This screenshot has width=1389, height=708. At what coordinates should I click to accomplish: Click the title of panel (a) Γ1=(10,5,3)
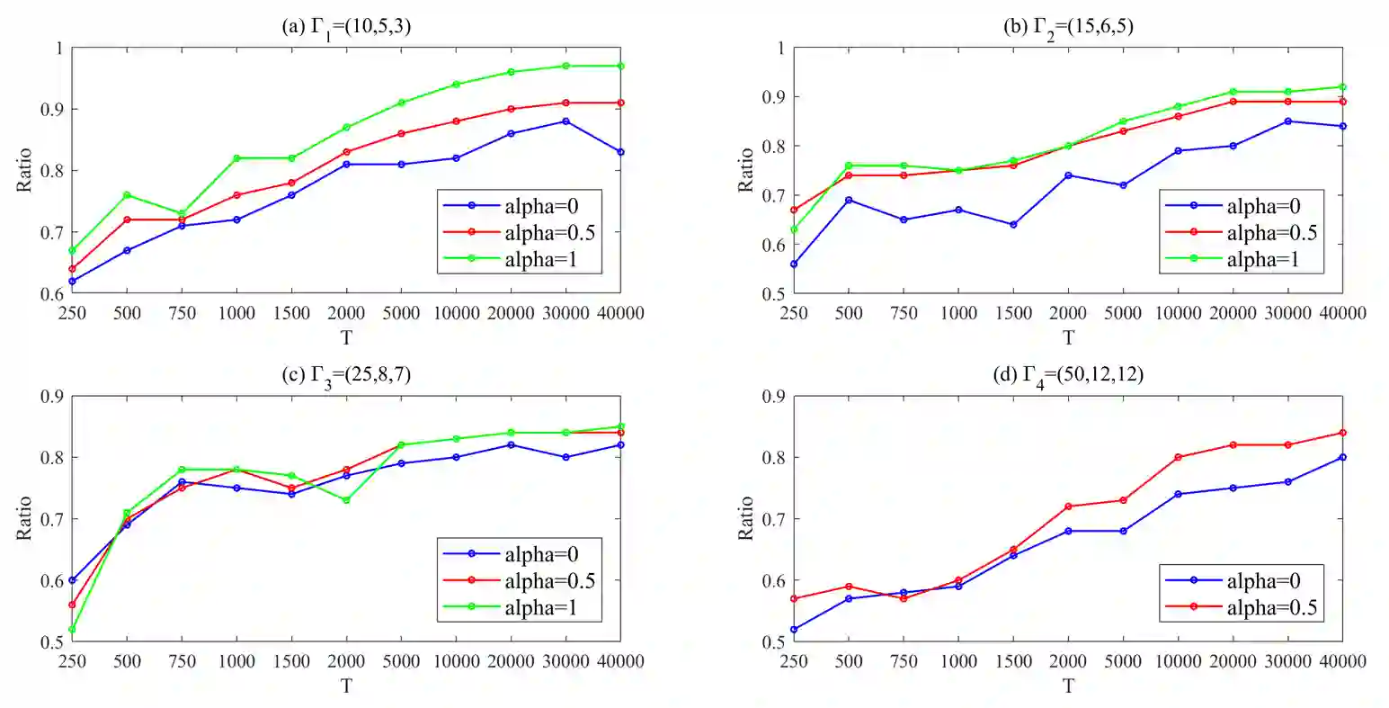pos(346,27)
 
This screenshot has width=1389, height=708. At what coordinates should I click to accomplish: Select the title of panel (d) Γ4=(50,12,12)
pos(1068,375)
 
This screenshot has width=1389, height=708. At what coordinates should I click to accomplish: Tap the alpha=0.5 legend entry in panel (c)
pos(549,581)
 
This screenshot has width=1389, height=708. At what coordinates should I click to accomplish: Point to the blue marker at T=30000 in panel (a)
pos(565,121)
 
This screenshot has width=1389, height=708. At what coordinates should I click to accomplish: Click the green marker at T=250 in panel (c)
pos(72,630)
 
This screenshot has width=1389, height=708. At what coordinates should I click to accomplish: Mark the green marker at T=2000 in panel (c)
pos(346,500)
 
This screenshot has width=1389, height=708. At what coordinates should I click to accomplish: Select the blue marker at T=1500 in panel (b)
pos(1013,225)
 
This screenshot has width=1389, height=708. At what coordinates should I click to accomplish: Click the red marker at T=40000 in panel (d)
pos(1342,433)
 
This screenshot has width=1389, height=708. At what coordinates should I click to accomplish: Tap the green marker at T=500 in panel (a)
pos(127,195)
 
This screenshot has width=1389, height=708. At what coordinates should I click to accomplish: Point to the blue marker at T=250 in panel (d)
pos(794,630)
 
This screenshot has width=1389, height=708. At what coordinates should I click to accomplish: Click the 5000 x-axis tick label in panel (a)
pos(401,313)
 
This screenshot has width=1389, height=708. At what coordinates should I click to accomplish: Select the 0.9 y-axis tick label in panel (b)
pos(774,97)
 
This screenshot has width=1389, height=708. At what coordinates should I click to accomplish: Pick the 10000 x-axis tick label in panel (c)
pos(456,661)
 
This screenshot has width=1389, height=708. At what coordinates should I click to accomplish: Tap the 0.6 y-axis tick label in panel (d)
pos(774,580)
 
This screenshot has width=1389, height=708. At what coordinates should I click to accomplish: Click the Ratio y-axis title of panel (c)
pos(24,518)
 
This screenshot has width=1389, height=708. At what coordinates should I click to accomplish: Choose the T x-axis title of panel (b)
pos(1068,337)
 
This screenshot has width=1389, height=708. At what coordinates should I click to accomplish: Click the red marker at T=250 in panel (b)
pos(794,210)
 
